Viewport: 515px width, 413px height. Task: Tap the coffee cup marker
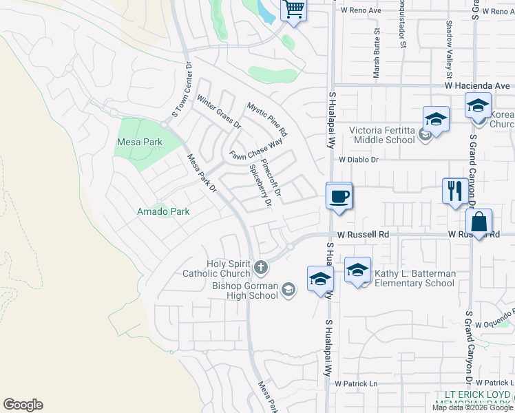[x=339, y=197]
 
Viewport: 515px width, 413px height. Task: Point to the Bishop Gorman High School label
[x=244, y=290]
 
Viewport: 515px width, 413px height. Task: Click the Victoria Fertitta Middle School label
[x=382, y=135]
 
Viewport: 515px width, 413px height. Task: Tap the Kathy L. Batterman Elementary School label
[x=414, y=278]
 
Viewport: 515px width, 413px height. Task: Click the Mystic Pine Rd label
[x=267, y=118]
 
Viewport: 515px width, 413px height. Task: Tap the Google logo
[x=23, y=405]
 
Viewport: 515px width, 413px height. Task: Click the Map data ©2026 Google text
[x=472, y=407]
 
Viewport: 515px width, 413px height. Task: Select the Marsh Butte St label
[x=377, y=54]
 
